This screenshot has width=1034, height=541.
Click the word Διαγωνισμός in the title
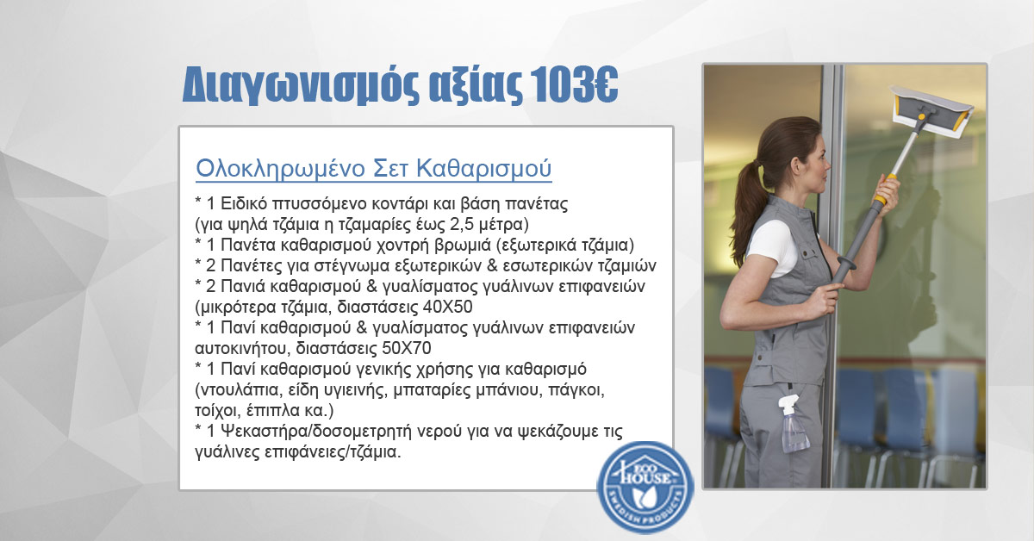click(301, 85)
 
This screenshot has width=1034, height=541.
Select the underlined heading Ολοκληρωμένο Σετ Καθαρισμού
click(373, 169)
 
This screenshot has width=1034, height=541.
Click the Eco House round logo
click(645, 488)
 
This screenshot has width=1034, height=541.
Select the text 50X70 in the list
click(407, 348)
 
